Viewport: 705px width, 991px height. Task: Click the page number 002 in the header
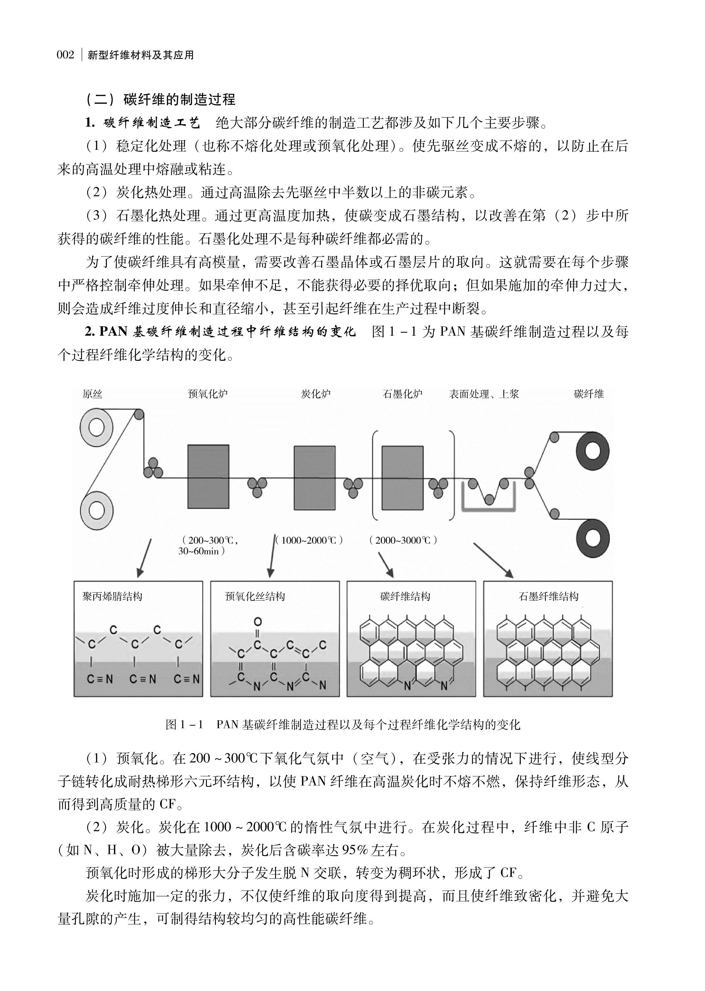tap(66, 56)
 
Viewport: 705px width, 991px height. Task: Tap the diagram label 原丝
tap(92, 394)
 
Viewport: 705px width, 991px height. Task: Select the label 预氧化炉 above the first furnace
tap(208, 394)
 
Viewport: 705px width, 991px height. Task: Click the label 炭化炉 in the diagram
tap(316, 394)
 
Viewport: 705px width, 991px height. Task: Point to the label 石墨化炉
tap(403, 394)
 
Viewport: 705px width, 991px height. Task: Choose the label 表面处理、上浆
tap(484, 394)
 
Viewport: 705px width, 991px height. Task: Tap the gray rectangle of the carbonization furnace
tap(315, 477)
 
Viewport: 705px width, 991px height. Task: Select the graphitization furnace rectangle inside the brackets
tap(403, 477)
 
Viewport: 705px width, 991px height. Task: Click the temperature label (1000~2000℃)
tap(310, 540)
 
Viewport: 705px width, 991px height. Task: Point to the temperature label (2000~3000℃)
tap(403, 540)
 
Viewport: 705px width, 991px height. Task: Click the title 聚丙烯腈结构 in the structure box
tap(112, 596)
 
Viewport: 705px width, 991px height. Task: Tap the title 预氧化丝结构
tap(255, 596)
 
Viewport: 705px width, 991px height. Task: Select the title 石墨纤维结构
tap(549, 596)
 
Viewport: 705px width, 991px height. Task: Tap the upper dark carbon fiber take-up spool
tap(593, 451)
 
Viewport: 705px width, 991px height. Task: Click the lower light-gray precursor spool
tap(97, 510)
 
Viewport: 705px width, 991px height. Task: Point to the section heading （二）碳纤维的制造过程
tap(161, 100)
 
